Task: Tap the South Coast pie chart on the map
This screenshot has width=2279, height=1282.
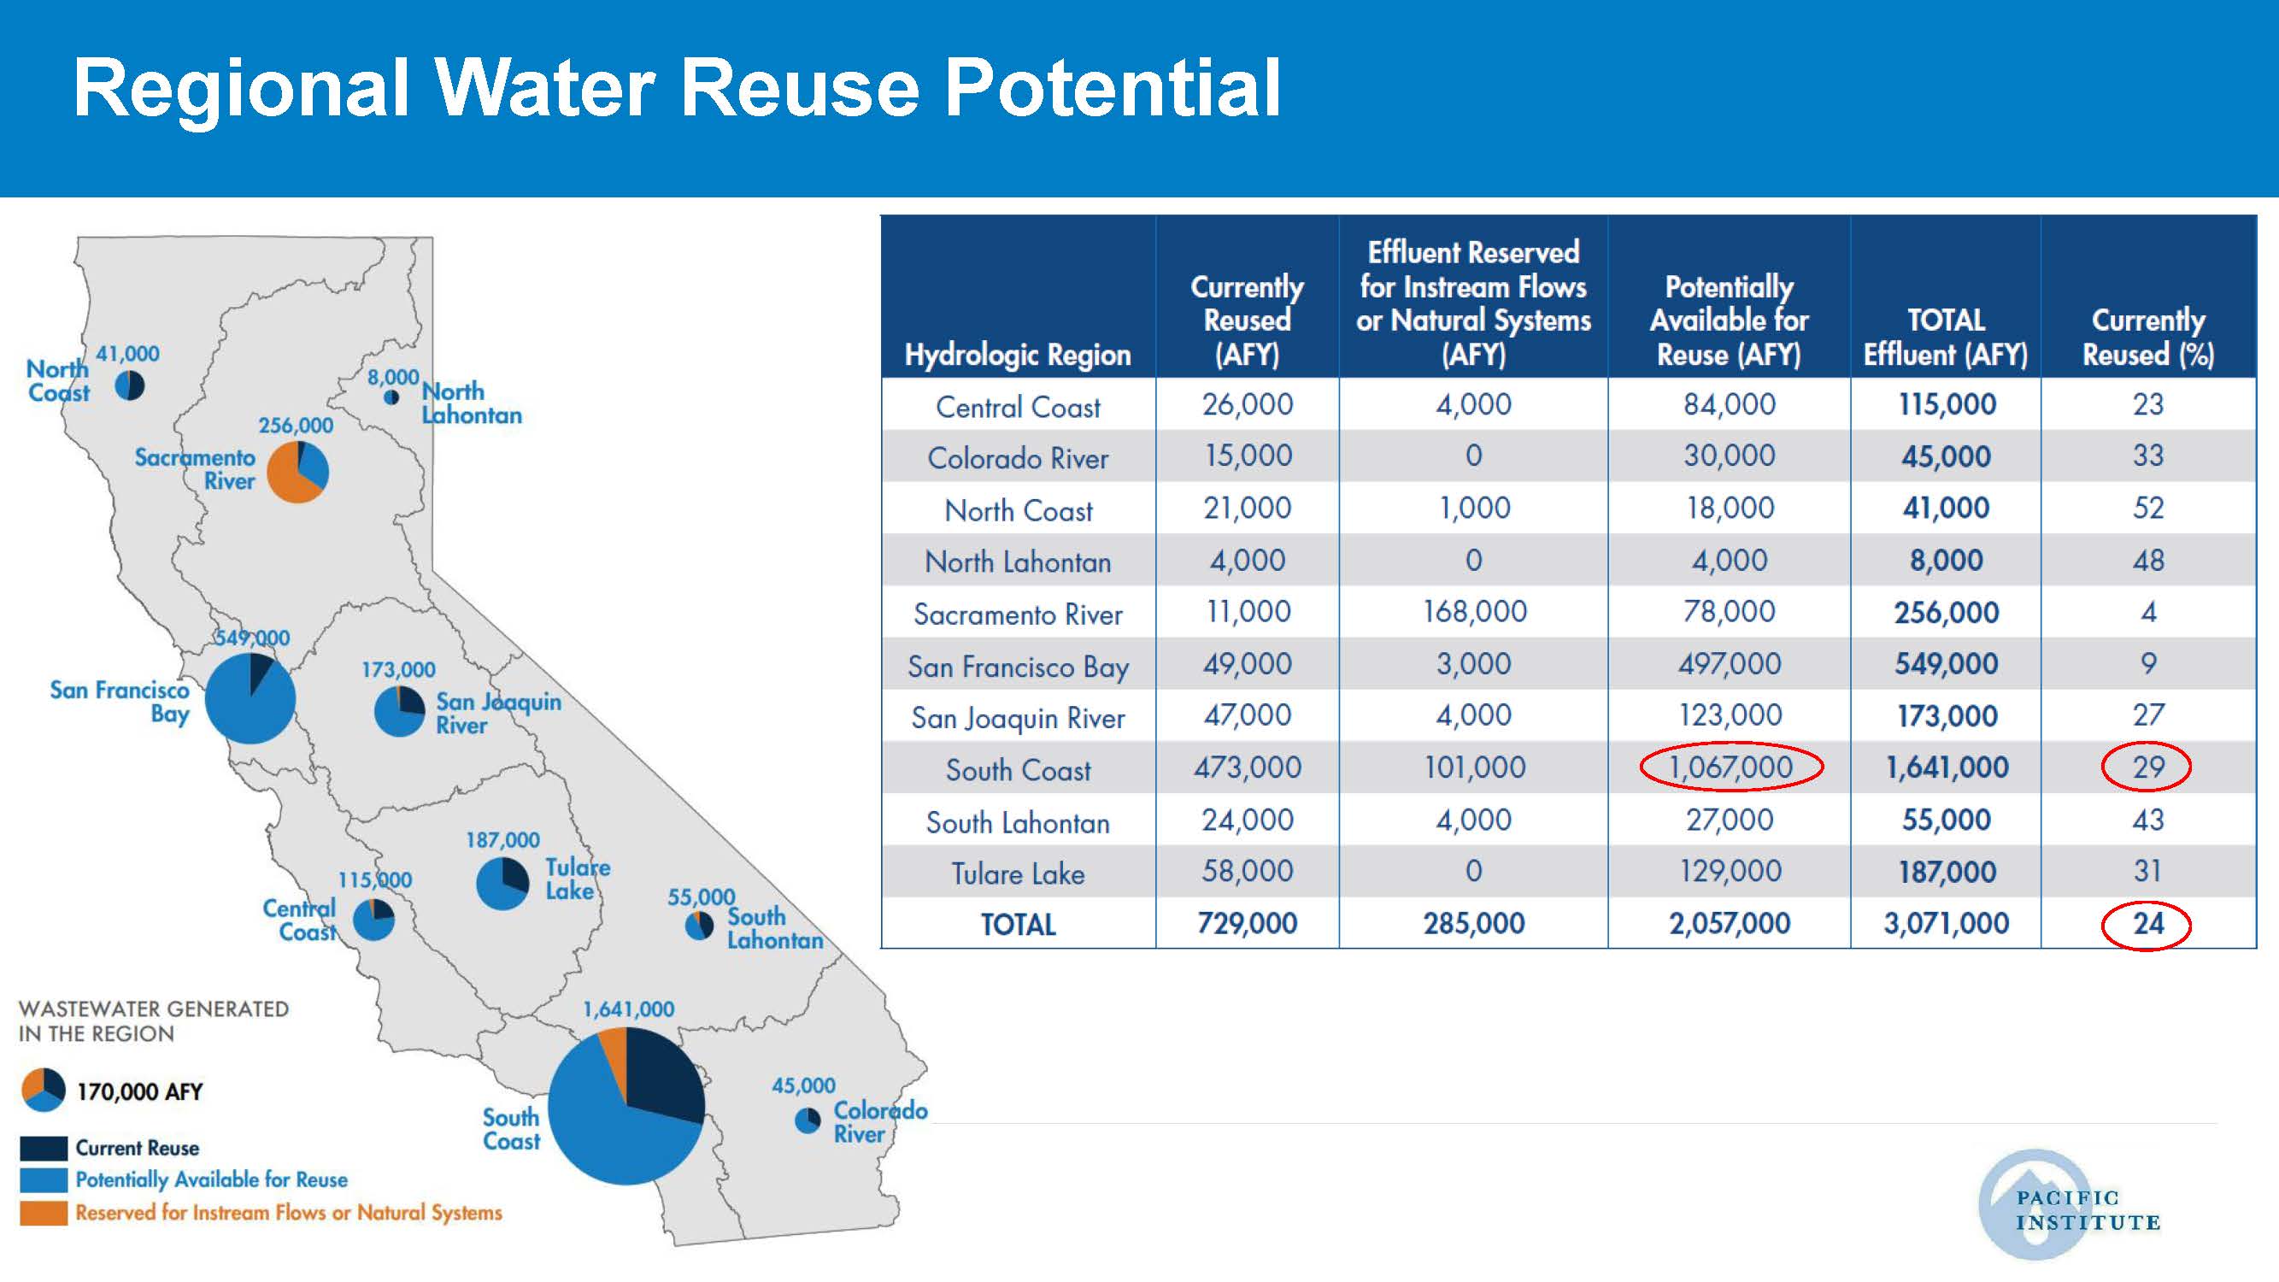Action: (x=626, y=1106)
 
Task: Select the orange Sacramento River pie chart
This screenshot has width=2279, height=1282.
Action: (x=298, y=472)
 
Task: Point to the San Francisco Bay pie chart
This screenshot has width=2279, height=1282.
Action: (x=250, y=698)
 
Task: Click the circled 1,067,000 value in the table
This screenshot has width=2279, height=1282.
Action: (x=1730, y=767)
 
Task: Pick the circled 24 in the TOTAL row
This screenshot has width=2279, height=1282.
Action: (x=2147, y=924)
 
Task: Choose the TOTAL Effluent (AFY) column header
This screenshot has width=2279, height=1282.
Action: (x=1946, y=337)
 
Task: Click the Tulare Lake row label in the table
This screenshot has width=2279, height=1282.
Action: (x=1019, y=873)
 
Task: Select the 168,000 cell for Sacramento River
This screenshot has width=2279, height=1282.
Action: (x=1474, y=611)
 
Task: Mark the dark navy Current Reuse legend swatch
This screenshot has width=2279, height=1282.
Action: (x=44, y=1148)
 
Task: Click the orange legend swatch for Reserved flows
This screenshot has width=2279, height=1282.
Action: (x=44, y=1213)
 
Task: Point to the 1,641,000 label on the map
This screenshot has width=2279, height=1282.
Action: (x=628, y=1009)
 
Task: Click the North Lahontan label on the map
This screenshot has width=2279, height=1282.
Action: (x=472, y=403)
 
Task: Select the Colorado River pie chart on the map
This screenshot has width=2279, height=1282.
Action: (x=808, y=1121)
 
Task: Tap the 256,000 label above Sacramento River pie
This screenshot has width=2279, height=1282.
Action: (x=296, y=426)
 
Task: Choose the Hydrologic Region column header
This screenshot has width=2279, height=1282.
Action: (x=1018, y=355)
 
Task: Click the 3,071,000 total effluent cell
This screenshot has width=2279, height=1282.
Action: (x=1946, y=924)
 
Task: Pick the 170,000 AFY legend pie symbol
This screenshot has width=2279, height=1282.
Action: (x=44, y=1090)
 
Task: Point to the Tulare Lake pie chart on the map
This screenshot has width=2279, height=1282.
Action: (x=502, y=883)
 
